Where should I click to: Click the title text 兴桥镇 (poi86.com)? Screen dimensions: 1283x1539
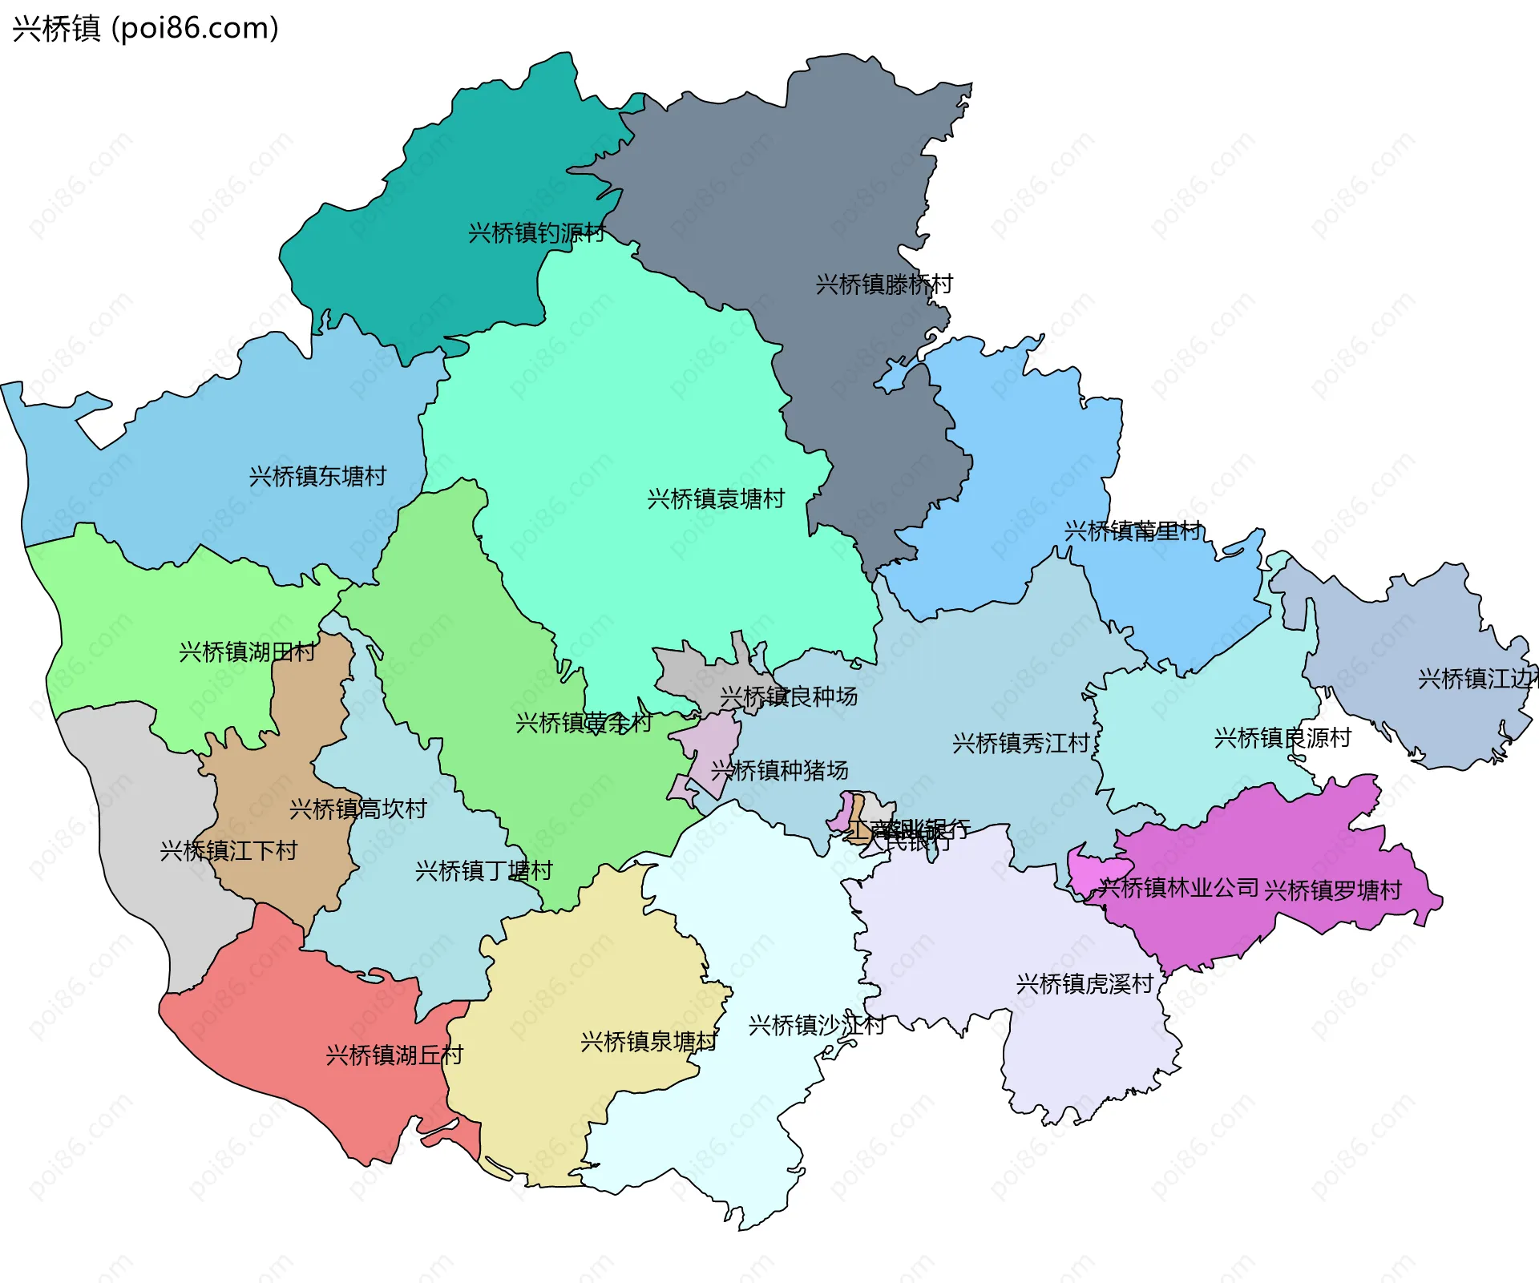coord(145,28)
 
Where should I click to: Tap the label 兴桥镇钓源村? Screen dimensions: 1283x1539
coord(536,233)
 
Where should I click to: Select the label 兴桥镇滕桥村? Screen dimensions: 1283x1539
coord(883,284)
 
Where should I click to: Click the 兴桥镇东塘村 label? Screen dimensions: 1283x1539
coord(317,477)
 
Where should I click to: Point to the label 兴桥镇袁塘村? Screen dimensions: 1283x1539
coord(715,499)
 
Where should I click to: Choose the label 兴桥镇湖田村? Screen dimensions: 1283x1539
coord(247,652)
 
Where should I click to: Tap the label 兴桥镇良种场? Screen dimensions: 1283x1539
coord(788,697)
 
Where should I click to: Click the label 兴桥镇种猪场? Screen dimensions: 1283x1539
coord(779,771)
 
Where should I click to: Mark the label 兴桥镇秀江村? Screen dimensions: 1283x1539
coord(1020,744)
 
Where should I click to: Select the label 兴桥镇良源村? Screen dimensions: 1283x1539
coord(1282,738)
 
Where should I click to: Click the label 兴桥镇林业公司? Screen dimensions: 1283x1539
coord(1177,888)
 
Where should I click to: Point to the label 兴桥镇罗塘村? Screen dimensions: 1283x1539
coord(1332,890)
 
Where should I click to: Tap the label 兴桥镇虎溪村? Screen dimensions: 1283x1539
coord(1084,984)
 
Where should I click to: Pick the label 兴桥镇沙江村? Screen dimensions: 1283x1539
coord(816,1026)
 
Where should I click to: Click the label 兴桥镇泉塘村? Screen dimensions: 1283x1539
coord(648,1042)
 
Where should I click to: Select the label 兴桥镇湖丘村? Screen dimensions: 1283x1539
coord(394,1055)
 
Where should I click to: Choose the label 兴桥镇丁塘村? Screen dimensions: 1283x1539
coord(483,871)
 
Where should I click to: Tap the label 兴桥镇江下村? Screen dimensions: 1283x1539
coord(228,851)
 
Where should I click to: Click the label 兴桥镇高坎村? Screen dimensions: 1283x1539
coord(357,809)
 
